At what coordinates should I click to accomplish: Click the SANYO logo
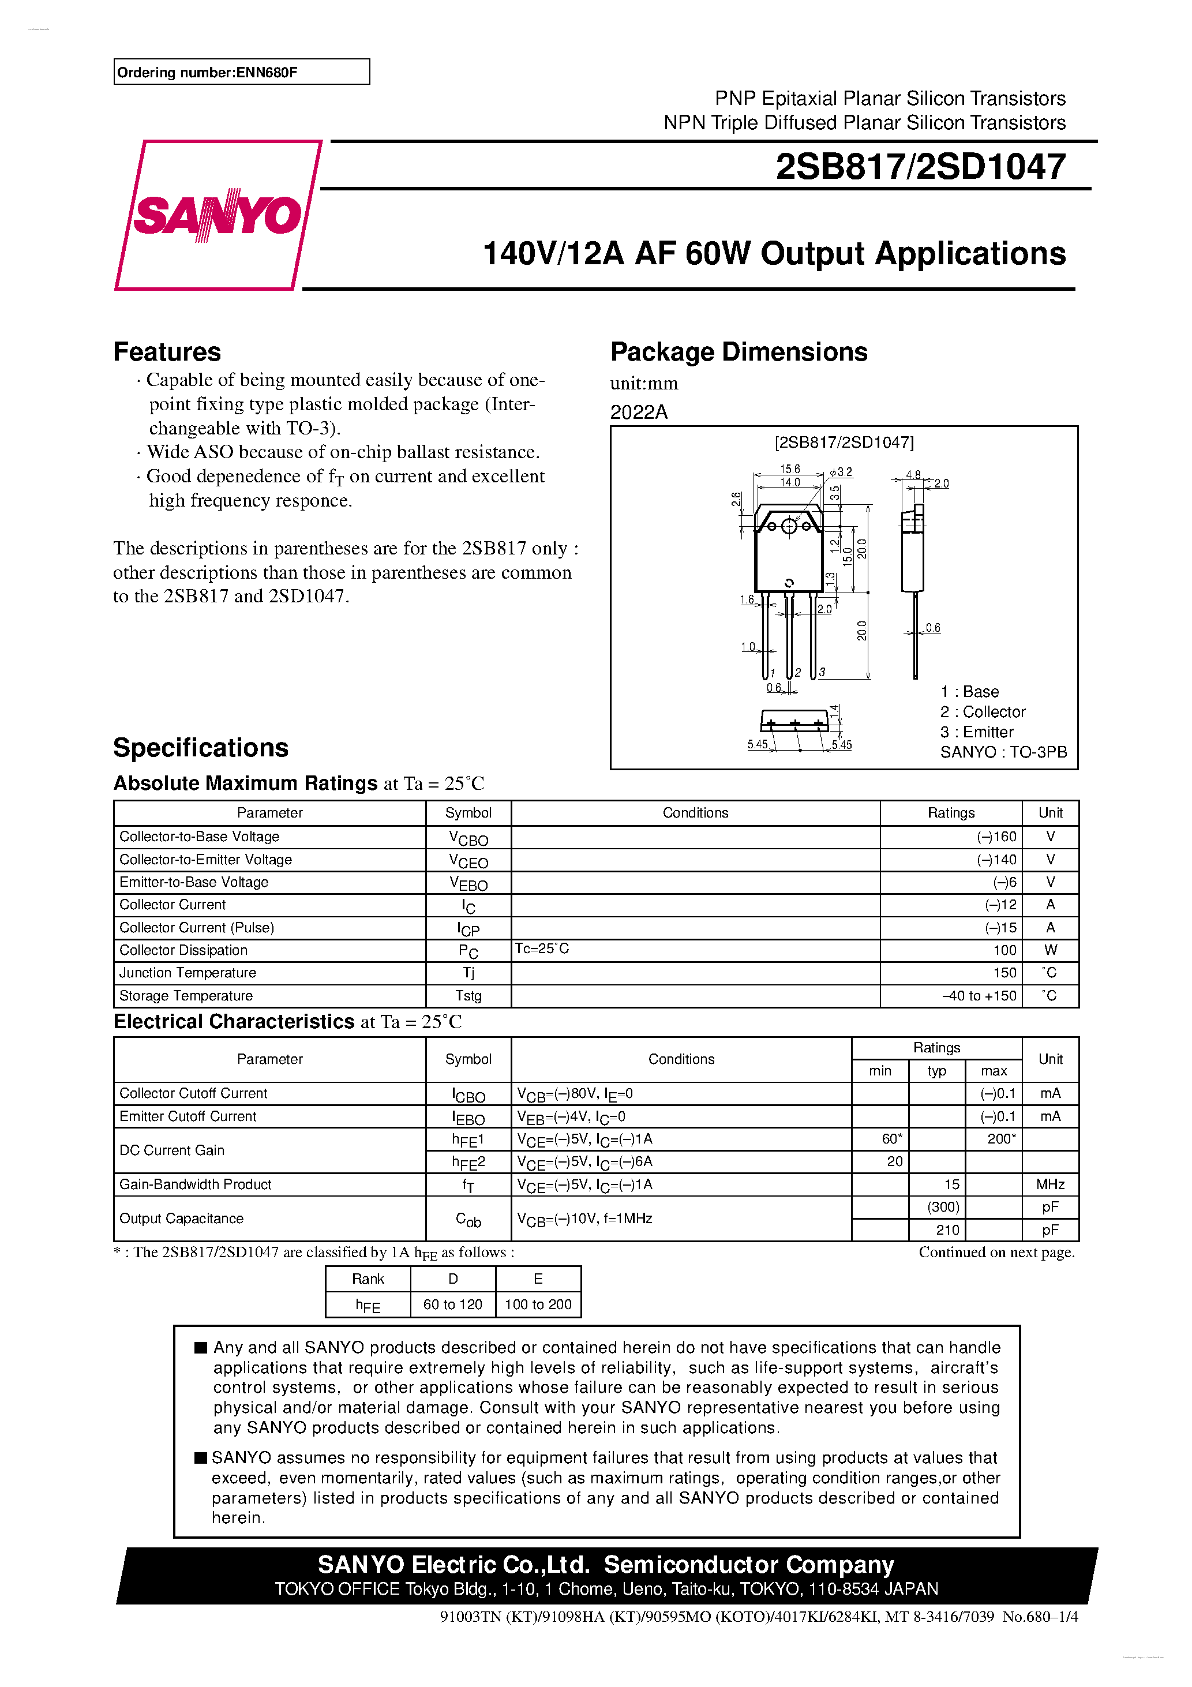pyautogui.click(x=217, y=215)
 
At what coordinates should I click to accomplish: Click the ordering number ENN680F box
pyautogui.click(x=241, y=72)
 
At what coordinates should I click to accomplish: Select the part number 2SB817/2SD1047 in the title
pyautogui.click(x=920, y=167)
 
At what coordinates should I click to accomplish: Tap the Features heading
pyautogui.click(x=167, y=352)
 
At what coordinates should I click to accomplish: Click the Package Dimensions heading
pyautogui.click(x=739, y=352)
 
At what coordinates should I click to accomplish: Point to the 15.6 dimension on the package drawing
pyautogui.click(x=790, y=469)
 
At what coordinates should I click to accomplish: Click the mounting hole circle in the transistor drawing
pyautogui.click(x=789, y=526)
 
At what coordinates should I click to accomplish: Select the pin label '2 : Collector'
pyautogui.click(x=983, y=712)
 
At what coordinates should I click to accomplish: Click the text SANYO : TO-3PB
pyautogui.click(x=1003, y=752)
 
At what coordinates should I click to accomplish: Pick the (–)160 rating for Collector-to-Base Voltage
pyautogui.click(x=996, y=837)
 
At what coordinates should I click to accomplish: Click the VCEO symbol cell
pyautogui.click(x=468, y=860)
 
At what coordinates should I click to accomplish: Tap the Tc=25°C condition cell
pyautogui.click(x=542, y=949)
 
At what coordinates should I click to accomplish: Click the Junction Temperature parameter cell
pyautogui.click(x=188, y=973)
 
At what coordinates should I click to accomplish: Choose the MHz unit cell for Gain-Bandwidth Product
pyautogui.click(x=1050, y=1184)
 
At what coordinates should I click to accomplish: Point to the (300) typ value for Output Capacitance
pyautogui.click(x=943, y=1207)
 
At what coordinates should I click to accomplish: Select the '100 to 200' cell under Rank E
pyautogui.click(x=538, y=1304)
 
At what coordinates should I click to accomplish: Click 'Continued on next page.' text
pyautogui.click(x=996, y=1253)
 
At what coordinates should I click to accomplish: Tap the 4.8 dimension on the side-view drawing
pyautogui.click(x=913, y=475)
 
